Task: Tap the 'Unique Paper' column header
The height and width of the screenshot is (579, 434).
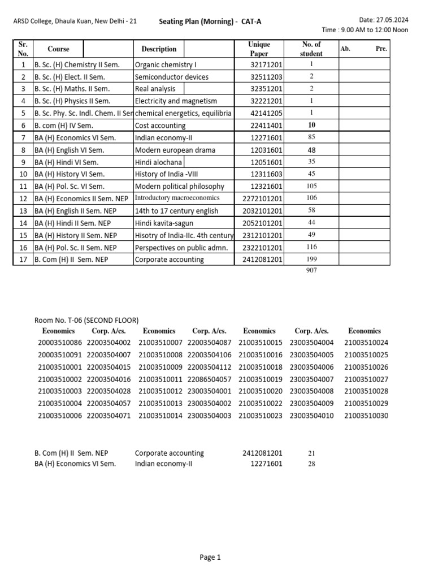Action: click(259, 49)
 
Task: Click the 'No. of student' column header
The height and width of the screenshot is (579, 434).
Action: click(311, 49)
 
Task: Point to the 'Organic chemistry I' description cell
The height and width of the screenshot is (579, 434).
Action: click(165, 65)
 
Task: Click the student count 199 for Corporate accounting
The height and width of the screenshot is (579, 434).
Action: click(311, 260)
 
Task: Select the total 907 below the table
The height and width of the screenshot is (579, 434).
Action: click(311, 271)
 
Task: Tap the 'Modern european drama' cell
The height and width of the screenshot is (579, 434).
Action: click(175, 150)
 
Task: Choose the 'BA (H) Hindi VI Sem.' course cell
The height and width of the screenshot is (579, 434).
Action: click(66, 162)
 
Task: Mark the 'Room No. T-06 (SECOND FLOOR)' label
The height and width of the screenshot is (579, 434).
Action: click(86, 321)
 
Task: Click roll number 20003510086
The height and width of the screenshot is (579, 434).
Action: click(60, 343)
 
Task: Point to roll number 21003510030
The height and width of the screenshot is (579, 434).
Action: click(366, 416)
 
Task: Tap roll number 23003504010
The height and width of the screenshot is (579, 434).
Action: click(311, 416)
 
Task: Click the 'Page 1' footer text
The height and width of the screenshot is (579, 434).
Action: click(210, 558)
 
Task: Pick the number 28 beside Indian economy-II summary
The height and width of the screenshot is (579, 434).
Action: click(311, 464)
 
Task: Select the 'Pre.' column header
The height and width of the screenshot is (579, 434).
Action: click(381, 49)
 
